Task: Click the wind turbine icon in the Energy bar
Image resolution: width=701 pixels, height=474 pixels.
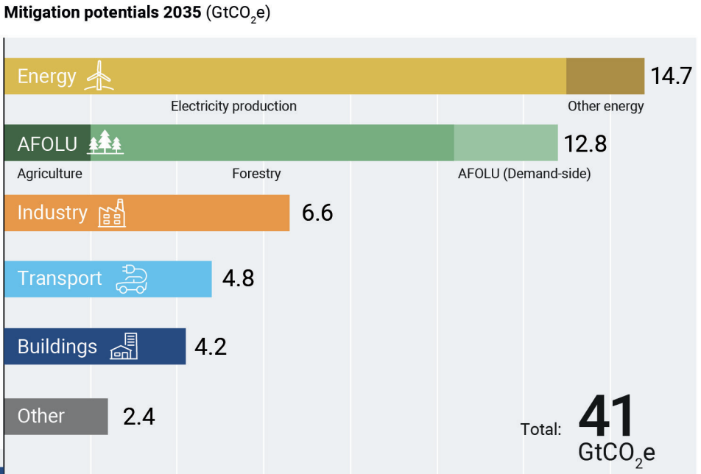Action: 99,76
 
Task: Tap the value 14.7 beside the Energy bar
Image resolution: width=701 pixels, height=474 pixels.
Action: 672,76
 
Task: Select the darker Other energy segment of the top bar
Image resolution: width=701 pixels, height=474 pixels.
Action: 605,76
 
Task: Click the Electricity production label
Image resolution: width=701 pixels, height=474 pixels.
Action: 233,106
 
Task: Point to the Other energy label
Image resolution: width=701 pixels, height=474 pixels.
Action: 605,106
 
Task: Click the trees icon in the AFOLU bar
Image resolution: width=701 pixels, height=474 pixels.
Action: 106,143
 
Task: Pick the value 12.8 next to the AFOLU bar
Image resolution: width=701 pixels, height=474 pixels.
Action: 585,144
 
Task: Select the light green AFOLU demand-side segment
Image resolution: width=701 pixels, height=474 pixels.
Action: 506,143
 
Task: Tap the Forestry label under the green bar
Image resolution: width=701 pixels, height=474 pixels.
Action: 256,174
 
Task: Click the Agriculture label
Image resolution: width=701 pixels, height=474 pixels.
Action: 49,174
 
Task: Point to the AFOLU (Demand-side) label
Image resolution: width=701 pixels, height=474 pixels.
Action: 524,174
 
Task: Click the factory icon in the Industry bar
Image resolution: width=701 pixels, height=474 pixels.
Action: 112,213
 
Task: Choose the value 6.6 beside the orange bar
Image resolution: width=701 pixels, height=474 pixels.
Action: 317,213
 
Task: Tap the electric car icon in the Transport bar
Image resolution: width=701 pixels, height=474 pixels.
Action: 132,280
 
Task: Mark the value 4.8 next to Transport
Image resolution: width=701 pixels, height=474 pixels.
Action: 238,279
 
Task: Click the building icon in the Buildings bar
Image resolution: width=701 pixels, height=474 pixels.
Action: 124,347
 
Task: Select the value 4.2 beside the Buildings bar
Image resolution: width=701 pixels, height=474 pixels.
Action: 211,347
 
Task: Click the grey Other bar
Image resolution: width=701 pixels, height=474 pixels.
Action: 55,416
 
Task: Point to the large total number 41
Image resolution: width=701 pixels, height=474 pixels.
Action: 606,417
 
